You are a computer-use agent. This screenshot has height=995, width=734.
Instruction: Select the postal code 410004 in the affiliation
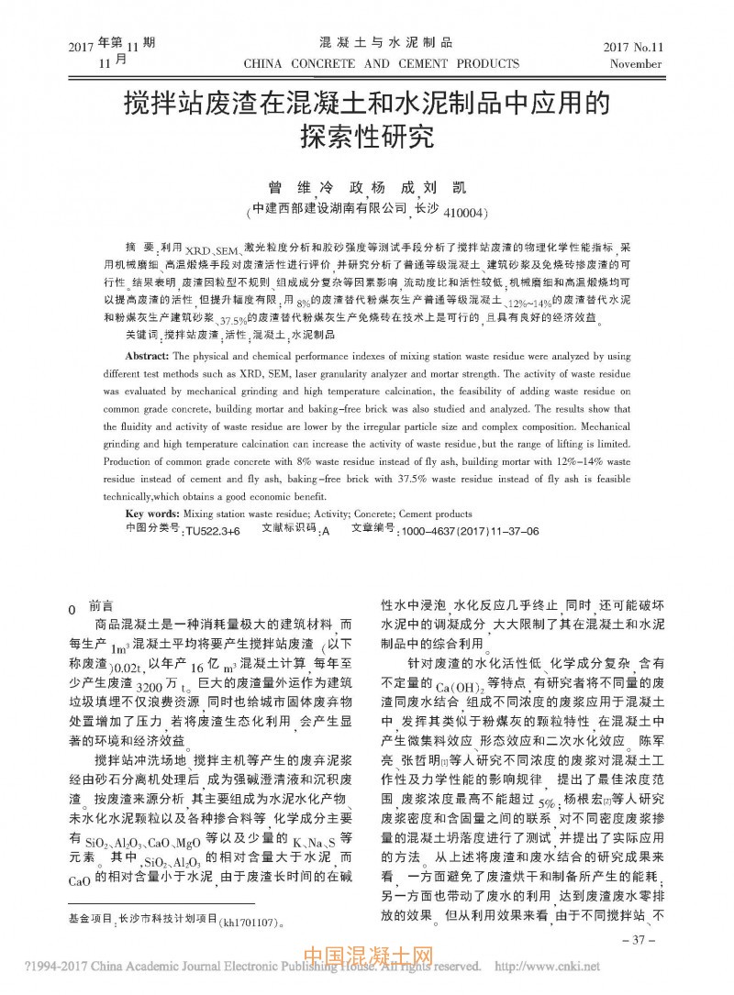[x=464, y=213]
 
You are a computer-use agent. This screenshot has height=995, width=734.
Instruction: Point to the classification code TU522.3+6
[x=212, y=531]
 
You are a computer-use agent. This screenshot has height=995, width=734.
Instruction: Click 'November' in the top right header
[x=636, y=66]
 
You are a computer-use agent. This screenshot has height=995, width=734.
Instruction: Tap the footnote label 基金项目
[x=90, y=918]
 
